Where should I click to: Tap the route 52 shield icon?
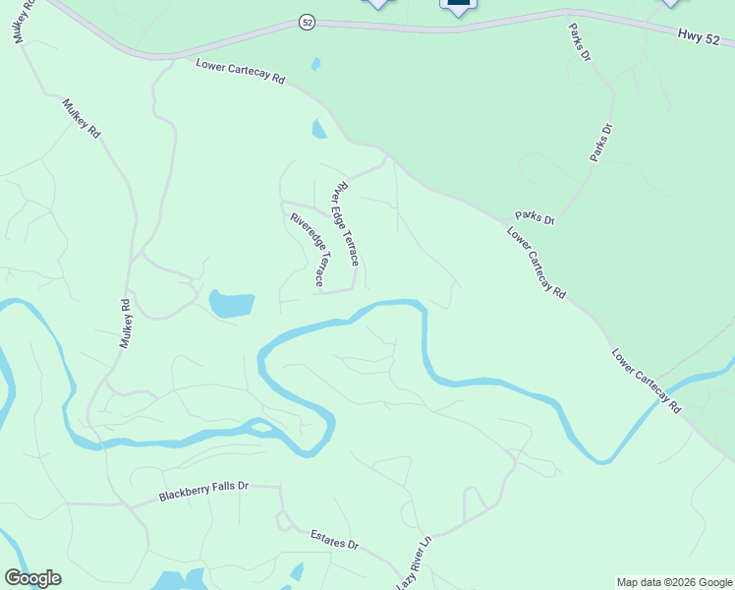[308, 23]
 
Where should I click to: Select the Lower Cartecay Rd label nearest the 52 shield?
[240, 72]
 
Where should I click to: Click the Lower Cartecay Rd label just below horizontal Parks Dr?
[537, 263]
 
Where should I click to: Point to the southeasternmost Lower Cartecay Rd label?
[646, 381]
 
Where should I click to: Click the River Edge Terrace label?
[347, 223]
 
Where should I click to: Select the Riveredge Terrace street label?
[308, 250]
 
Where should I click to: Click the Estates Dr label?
[335, 540]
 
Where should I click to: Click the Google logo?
[32, 578]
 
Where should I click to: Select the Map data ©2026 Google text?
[674, 582]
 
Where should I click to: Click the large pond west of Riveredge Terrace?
[232, 304]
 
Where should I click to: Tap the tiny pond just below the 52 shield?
[315, 65]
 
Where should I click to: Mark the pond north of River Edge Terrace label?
[319, 129]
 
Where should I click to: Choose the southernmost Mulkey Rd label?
[125, 324]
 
